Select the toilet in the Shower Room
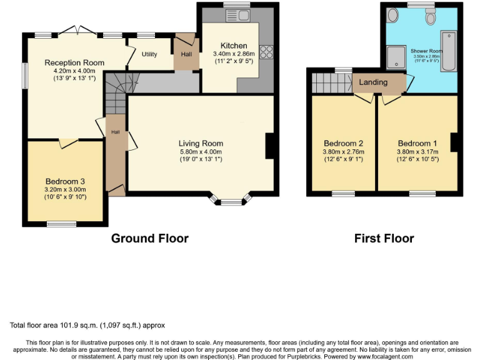(431, 17)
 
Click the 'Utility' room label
(149, 54)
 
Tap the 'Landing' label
(373, 82)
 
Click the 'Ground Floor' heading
(149, 238)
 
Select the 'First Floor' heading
(384, 238)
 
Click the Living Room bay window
(231, 200)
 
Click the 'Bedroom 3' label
(65, 182)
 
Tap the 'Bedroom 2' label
(344, 143)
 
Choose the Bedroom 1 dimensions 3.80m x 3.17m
(417, 151)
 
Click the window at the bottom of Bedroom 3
(61, 223)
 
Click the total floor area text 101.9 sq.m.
(87, 326)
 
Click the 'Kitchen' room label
(234, 46)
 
